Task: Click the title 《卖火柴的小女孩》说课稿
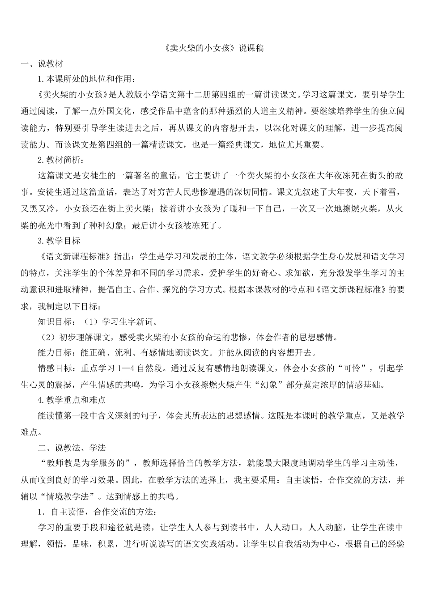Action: pyautogui.click(x=212, y=48)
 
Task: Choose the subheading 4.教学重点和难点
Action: pyautogui.click(x=72, y=399)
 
